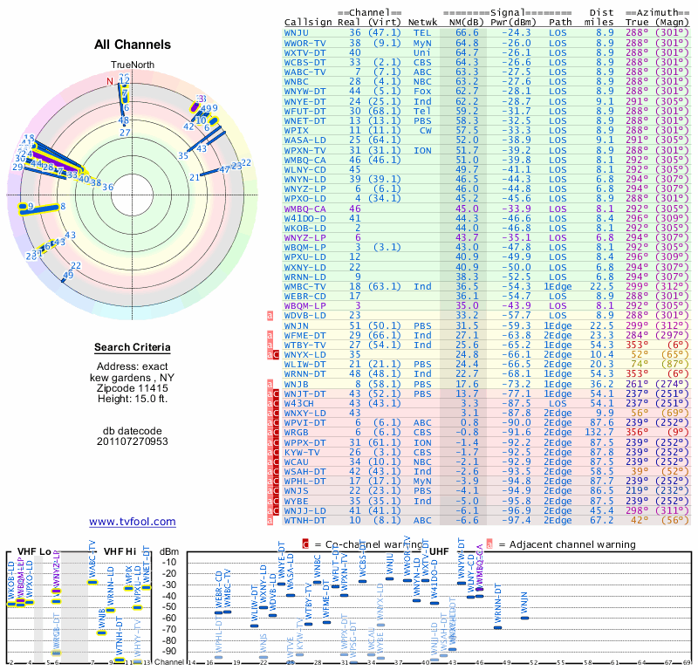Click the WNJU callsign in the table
[298, 31]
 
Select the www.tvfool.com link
[133, 522]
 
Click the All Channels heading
[133, 44]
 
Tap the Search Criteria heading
[133, 348]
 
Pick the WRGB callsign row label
[298, 431]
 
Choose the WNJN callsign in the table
[298, 324]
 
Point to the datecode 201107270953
[133, 441]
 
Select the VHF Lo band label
[34, 551]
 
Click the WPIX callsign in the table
[298, 130]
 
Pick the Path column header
[560, 22]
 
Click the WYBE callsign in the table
[298, 502]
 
